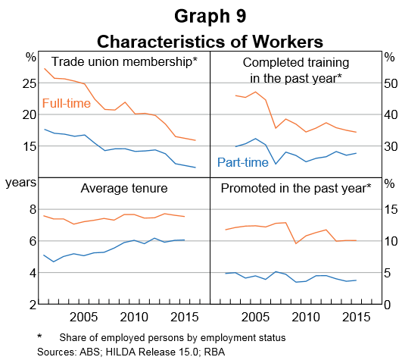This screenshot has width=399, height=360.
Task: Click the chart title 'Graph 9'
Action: click(x=199, y=15)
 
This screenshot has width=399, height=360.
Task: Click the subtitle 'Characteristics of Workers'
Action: click(x=199, y=39)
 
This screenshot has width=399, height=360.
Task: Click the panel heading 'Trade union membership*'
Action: click(x=123, y=61)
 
